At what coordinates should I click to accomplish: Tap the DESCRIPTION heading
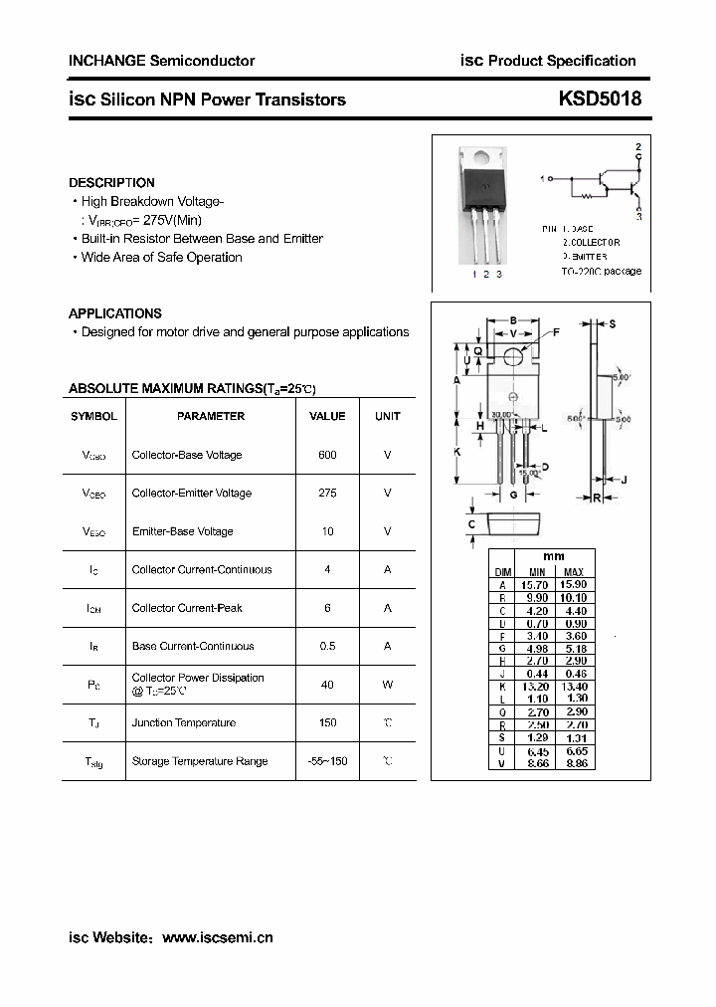[x=111, y=183]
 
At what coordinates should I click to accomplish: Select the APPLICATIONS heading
[x=115, y=313]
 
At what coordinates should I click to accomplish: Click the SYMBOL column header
[x=93, y=416]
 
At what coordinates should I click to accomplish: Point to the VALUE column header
[x=327, y=416]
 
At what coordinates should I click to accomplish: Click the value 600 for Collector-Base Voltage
[x=327, y=455]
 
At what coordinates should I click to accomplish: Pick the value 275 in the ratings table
[x=327, y=493]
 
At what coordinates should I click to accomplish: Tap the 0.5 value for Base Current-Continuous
[x=327, y=646]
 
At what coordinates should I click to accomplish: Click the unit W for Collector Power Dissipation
[x=387, y=685]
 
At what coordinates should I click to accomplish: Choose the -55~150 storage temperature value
[x=327, y=761]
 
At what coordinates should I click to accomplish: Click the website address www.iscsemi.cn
[x=217, y=937]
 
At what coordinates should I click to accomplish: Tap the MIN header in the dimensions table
[x=537, y=572]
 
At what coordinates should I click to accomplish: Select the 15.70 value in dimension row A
[x=537, y=585]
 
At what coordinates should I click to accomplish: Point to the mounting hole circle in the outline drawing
[x=513, y=354]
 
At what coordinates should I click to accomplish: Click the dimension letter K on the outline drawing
[x=457, y=451]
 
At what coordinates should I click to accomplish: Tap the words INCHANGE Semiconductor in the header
[x=161, y=61]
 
